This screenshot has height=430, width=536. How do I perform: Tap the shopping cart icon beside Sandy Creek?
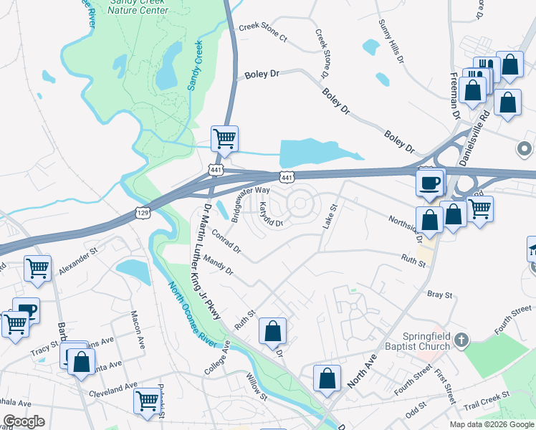tap(224, 138)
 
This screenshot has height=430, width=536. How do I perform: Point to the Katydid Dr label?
tap(271, 215)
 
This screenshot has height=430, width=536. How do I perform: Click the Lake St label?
tap(329, 216)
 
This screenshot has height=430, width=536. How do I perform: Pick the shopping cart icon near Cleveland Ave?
tap(147, 400)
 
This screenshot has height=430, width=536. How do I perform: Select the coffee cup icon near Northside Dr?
tap(430, 181)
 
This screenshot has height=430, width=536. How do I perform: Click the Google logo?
tap(24, 421)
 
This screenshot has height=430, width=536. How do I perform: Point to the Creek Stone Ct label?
tap(262, 32)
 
